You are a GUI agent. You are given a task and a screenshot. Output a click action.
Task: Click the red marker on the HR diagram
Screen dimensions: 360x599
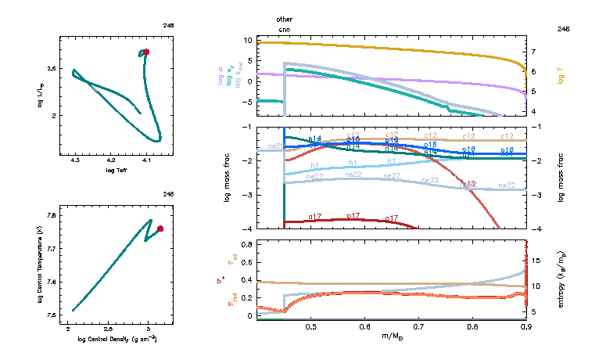(145, 52)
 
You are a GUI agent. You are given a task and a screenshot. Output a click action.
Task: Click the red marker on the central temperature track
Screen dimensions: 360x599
(160, 229)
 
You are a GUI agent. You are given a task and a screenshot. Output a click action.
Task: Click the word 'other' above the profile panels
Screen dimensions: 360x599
(285, 18)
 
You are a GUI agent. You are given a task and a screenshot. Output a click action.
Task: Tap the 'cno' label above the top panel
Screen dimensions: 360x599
(285, 29)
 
